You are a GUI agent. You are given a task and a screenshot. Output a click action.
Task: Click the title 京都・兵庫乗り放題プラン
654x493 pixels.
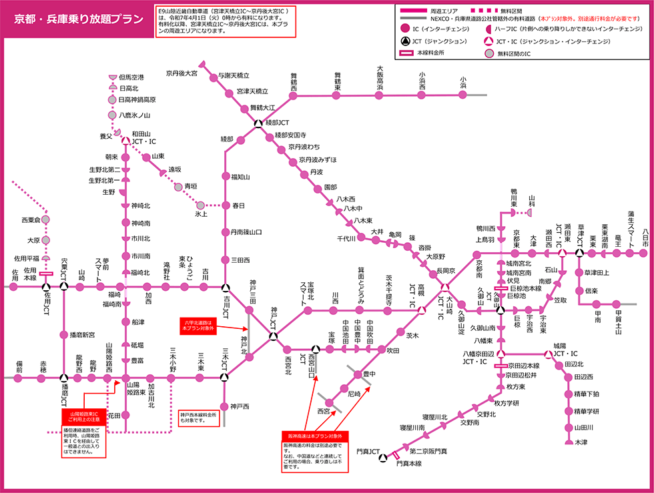point(79,19)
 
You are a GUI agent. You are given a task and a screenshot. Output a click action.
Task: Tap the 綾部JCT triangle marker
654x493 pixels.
point(259,123)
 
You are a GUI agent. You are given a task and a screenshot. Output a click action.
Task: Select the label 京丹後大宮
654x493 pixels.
point(182,73)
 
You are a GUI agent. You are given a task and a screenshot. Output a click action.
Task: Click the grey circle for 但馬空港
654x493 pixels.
point(113,78)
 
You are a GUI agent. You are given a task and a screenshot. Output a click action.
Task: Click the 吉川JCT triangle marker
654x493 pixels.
point(225,288)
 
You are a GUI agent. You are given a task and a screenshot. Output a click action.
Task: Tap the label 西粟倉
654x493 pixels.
point(31,219)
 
